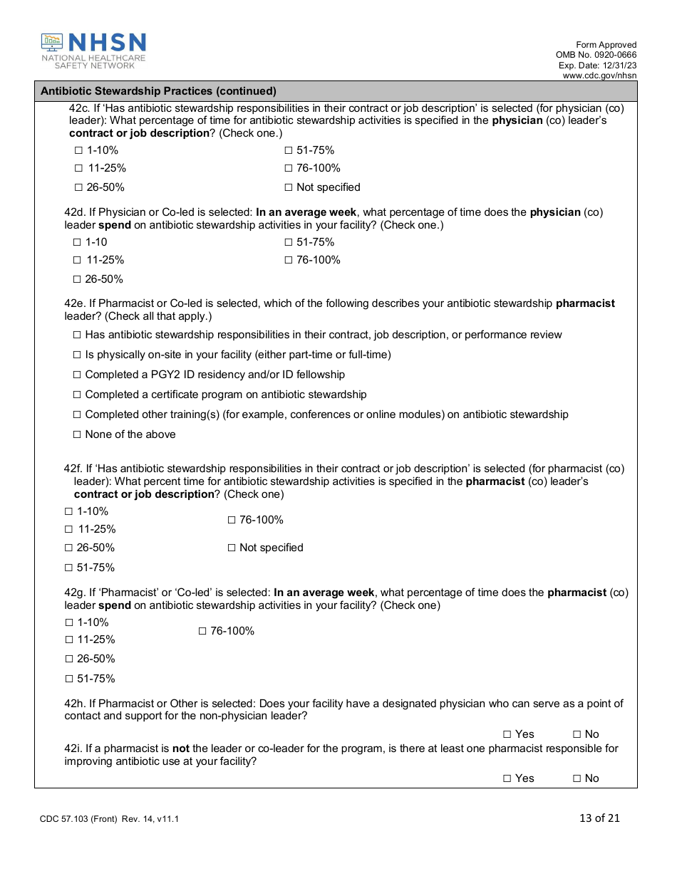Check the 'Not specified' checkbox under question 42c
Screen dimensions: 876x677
(x=289, y=187)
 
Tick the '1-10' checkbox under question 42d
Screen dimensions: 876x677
(x=78, y=242)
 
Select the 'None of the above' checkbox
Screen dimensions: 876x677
(x=78, y=434)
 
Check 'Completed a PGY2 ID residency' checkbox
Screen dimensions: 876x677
(x=78, y=375)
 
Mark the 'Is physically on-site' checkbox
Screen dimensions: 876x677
(x=78, y=355)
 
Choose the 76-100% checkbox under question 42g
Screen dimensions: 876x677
(x=202, y=631)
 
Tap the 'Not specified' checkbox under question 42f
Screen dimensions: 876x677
(x=232, y=548)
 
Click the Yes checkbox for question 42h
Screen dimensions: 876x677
(x=507, y=734)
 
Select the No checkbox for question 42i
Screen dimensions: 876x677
(x=577, y=778)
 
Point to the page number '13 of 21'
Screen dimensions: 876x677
(x=599, y=818)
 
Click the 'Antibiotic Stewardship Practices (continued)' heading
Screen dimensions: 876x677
(x=158, y=91)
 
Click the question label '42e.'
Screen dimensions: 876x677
(x=75, y=303)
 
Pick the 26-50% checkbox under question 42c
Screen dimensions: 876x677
(x=78, y=187)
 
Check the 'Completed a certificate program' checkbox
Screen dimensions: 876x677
(x=78, y=395)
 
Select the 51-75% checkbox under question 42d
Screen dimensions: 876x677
(x=289, y=242)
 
